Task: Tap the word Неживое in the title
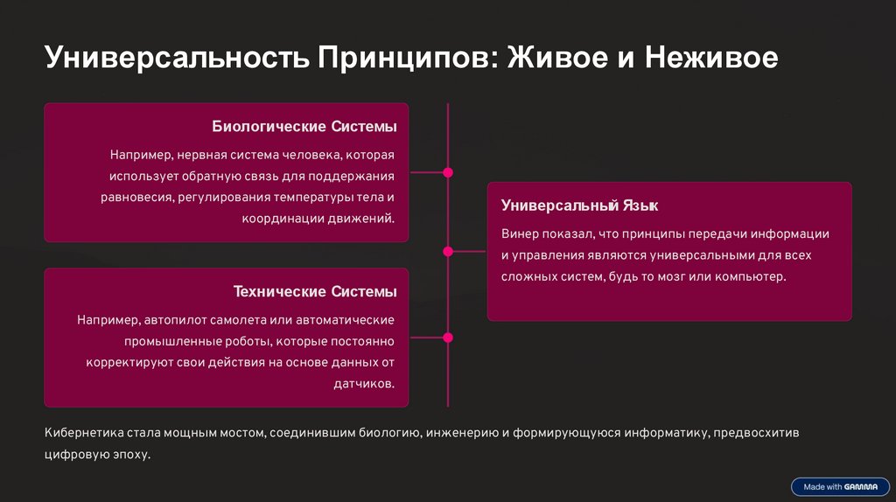click(x=711, y=59)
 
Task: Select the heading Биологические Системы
click(x=304, y=127)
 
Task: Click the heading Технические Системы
click(x=314, y=291)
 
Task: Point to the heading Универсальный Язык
click(x=579, y=206)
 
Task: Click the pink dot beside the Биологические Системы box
click(x=448, y=172)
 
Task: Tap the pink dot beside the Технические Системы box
click(x=448, y=337)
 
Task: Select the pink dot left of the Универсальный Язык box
click(x=448, y=251)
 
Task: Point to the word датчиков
click(x=364, y=383)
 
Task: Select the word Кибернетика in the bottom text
click(x=81, y=433)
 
